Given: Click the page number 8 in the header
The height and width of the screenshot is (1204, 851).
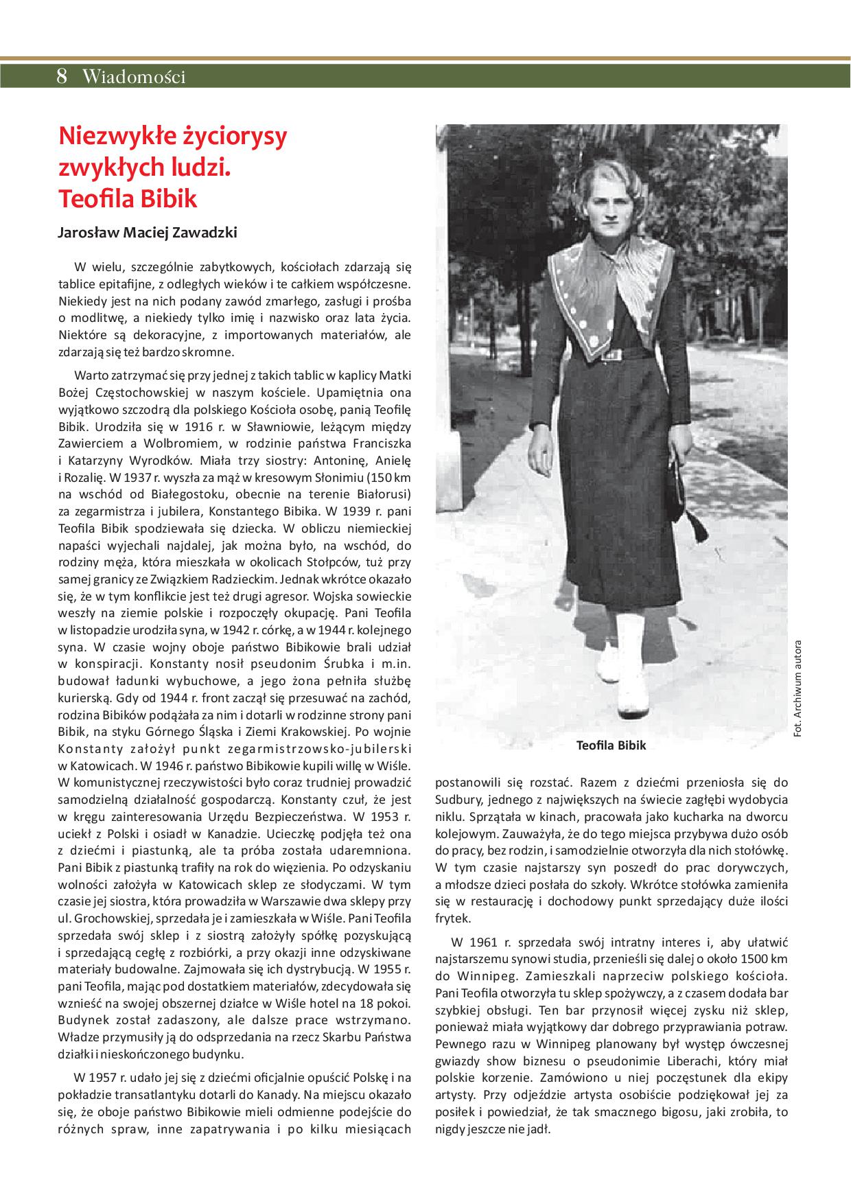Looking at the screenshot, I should click(x=62, y=77).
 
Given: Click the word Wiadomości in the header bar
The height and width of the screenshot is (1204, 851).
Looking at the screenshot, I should click(x=133, y=77).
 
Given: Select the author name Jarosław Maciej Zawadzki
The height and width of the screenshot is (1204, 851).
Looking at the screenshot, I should click(x=148, y=233).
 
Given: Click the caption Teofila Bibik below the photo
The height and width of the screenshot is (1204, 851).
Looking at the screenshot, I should click(x=611, y=745).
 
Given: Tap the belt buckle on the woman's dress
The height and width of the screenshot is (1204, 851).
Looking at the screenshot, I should click(x=610, y=356).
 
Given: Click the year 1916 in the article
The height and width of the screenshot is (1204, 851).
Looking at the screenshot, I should click(x=176, y=426).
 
